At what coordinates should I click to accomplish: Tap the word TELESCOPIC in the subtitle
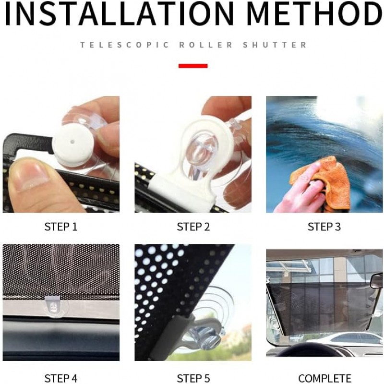tap(125, 45)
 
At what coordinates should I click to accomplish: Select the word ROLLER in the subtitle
tap(206, 45)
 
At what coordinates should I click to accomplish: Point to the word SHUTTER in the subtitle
tap(275, 45)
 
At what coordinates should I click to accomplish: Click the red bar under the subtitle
tap(193, 66)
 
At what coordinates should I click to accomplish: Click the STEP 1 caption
tap(61, 227)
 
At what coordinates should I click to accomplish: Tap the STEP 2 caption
tap(193, 227)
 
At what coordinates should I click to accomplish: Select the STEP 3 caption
tap(324, 227)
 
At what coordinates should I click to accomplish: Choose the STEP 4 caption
tap(61, 378)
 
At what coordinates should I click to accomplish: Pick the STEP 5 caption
tap(193, 378)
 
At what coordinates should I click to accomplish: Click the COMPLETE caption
tap(325, 379)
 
